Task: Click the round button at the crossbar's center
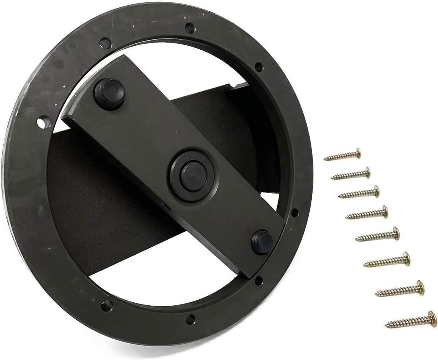point(191,176)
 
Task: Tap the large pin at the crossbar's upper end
point(109,92)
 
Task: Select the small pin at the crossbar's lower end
point(262,242)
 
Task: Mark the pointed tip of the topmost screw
point(325,159)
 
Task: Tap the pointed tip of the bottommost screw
point(386,327)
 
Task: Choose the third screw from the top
point(359,193)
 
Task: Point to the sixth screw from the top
point(387,260)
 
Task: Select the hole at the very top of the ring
point(189,28)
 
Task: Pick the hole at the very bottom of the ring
point(191,319)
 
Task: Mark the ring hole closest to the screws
point(295,212)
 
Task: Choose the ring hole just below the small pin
point(259,281)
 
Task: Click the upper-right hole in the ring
point(259,67)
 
